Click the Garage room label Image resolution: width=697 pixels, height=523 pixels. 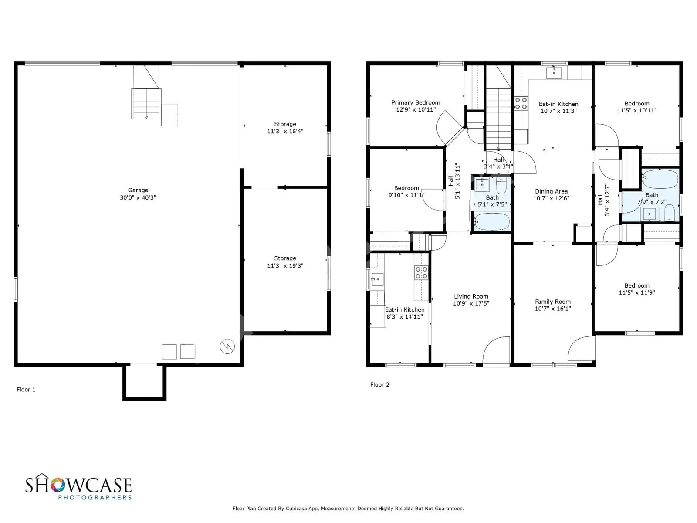point(138,190)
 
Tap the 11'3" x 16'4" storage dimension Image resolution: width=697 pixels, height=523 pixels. point(285,131)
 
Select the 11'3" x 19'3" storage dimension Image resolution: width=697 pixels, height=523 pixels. point(285,265)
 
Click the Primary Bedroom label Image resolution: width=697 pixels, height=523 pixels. point(415,102)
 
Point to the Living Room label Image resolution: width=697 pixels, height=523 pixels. point(471,296)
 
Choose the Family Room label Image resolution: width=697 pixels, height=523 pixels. point(552,301)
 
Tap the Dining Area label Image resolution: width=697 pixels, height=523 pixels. point(551,191)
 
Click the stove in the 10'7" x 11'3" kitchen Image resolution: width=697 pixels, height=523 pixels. point(521,103)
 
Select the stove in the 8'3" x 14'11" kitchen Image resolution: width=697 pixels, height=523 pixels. point(421,273)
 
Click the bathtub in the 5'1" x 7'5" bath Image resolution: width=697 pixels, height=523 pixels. point(491,221)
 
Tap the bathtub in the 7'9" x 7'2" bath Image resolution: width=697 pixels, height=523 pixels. point(660,179)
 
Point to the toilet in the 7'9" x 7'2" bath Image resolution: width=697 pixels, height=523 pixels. point(670,213)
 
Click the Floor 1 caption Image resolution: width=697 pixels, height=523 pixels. point(26,389)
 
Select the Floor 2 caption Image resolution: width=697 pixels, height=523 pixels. point(379,384)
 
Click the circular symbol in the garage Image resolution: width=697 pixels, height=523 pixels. point(227,346)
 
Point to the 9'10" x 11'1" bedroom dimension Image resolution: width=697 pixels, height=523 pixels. point(406,195)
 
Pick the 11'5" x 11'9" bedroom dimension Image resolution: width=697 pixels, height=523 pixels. point(637,292)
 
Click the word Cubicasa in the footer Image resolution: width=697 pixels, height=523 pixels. point(296,508)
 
